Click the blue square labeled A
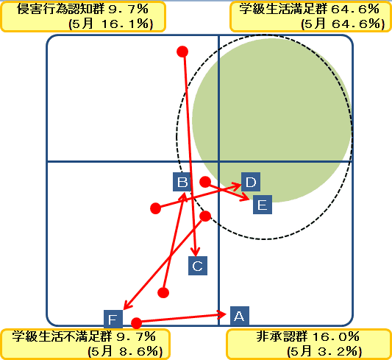(x=240, y=316)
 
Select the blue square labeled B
(x=182, y=182)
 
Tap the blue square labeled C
(x=198, y=266)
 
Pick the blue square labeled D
(x=251, y=182)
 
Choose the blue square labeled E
(x=263, y=205)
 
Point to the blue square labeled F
(x=113, y=319)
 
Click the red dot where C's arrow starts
(x=182, y=52)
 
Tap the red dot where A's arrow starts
(x=137, y=323)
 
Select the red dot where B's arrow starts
(x=163, y=292)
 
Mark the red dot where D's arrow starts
(x=155, y=208)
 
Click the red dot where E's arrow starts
(x=205, y=182)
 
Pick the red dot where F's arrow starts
(x=205, y=216)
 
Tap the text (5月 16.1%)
(x=110, y=24)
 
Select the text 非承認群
(x=282, y=336)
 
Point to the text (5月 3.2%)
(x=324, y=351)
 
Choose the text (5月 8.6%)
(x=125, y=351)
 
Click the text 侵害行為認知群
(x=60, y=9)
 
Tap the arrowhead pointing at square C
(x=196, y=252)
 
